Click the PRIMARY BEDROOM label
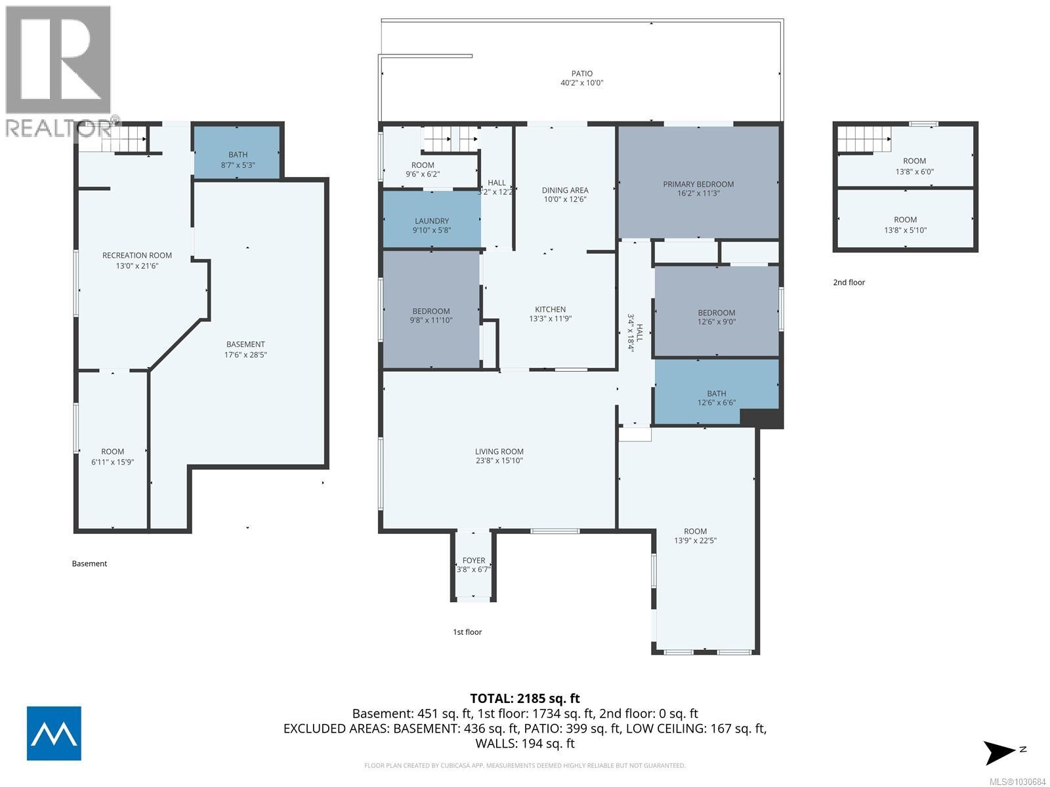pyautogui.click(x=698, y=184)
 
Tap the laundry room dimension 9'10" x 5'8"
pyautogui.click(x=431, y=232)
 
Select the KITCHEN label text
pyautogui.click(x=550, y=310)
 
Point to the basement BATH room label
pyautogui.click(x=238, y=155)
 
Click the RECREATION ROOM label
pyautogui.click(x=137, y=256)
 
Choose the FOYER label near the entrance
pyautogui.click(x=473, y=561)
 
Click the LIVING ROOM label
pyautogui.click(x=499, y=451)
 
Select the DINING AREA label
pyautogui.click(x=564, y=190)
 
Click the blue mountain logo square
pyautogui.click(x=54, y=733)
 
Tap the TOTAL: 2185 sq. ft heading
pyautogui.click(x=524, y=698)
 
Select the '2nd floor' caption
pyautogui.click(x=849, y=283)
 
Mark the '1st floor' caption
pyautogui.click(x=467, y=632)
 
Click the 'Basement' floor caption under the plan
pyautogui.click(x=89, y=563)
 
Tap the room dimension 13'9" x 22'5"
pyautogui.click(x=695, y=541)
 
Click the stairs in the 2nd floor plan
pyautogui.click(x=862, y=139)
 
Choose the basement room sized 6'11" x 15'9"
pyautogui.click(x=112, y=456)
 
